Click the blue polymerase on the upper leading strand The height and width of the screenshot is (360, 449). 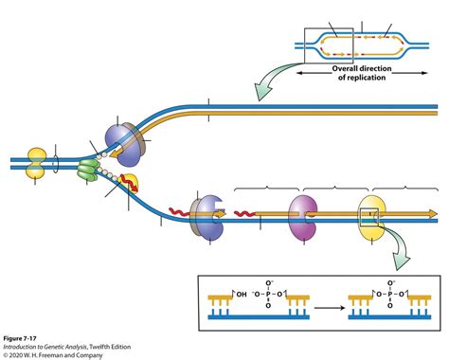click(121, 138)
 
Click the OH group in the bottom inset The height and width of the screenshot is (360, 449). click(241, 295)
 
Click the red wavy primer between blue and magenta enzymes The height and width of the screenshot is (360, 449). click(249, 213)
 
